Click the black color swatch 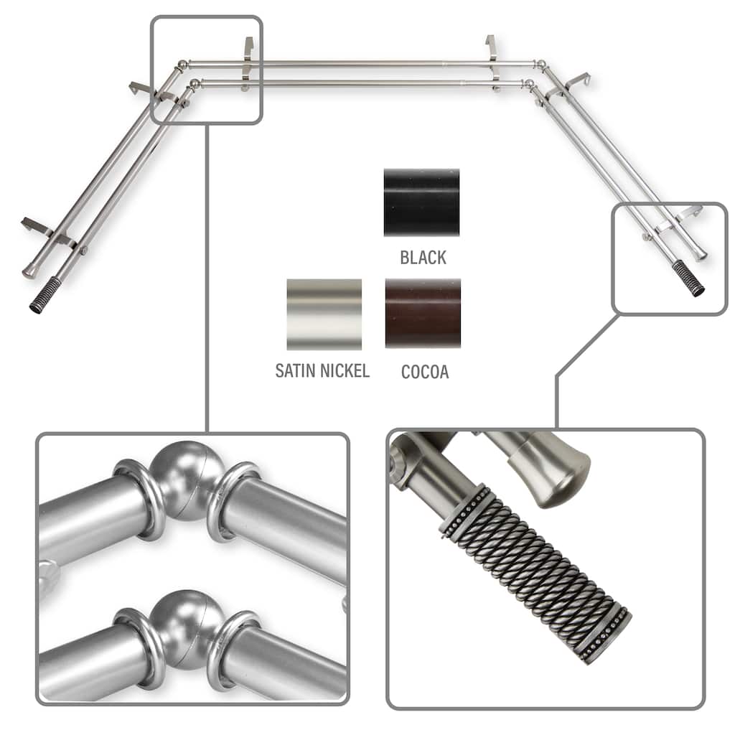(421, 202)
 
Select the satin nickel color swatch (324, 314)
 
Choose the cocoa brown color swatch (423, 313)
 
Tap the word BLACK (423, 258)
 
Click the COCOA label (425, 372)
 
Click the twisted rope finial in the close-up (534, 572)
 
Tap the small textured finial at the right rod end (688, 278)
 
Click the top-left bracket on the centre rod (248, 63)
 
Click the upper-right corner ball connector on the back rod (541, 64)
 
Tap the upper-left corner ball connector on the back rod (183, 65)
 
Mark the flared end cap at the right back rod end (700, 253)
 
